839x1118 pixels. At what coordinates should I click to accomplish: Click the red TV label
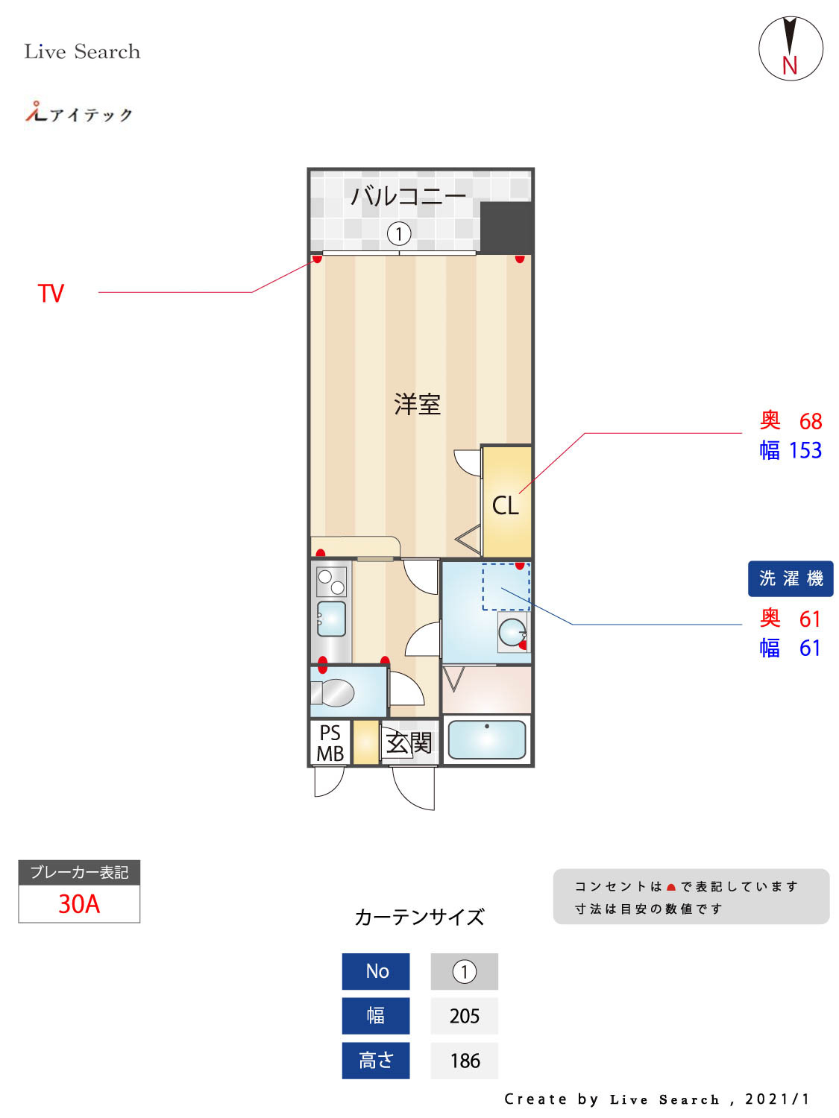(51, 293)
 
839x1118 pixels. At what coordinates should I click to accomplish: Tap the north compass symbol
(791, 49)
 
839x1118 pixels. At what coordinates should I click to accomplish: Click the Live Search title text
(82, 51)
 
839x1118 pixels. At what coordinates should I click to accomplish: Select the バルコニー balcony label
(408, 196)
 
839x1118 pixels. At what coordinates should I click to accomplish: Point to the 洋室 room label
(417, 404)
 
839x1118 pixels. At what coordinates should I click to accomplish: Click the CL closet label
(505, 505)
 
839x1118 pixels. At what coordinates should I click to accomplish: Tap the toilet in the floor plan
(334, 692)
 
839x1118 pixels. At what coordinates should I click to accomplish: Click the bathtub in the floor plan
(487, 739)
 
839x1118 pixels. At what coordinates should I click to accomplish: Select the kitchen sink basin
(332, 618)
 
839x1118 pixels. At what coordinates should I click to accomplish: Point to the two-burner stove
(331, 581)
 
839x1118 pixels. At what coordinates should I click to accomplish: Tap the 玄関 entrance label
(409, 742)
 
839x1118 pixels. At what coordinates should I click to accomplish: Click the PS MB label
(330, 743)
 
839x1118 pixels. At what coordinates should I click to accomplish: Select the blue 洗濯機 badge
(791, 578)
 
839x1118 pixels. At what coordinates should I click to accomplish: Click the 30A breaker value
(79, 903)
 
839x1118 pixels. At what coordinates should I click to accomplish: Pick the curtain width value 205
(464, 1016)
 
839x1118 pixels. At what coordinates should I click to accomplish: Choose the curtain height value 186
(464, 1061)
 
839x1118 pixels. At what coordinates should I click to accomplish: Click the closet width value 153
(805, 450)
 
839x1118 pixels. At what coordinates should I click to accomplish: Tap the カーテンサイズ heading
(419, 917)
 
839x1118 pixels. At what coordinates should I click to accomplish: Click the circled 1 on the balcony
(399, 234)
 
